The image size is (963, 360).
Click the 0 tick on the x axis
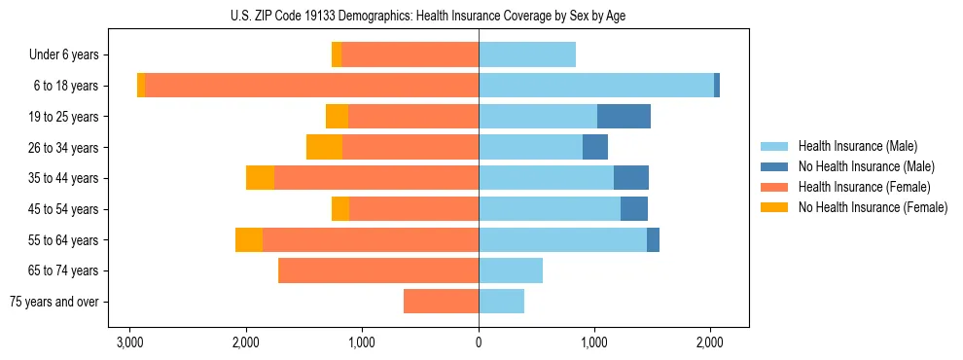[x=479, y=342]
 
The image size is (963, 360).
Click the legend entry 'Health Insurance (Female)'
[x=864, y=187]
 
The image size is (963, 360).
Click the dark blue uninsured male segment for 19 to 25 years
[x=624, y=117]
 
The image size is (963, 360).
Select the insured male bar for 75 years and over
[x=501, y=302]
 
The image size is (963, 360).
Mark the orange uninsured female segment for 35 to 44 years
[x=260, y=178]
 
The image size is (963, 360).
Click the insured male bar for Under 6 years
[x=526, y=55]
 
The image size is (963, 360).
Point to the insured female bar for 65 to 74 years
[x=378, y=270]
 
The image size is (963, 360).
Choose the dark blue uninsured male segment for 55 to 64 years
[x=653, y=240]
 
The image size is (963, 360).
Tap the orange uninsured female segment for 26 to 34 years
[x=324, y=147]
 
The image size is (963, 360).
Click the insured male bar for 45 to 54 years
[x=549, y=209]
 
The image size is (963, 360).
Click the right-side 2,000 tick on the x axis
[x=710, y=342]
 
